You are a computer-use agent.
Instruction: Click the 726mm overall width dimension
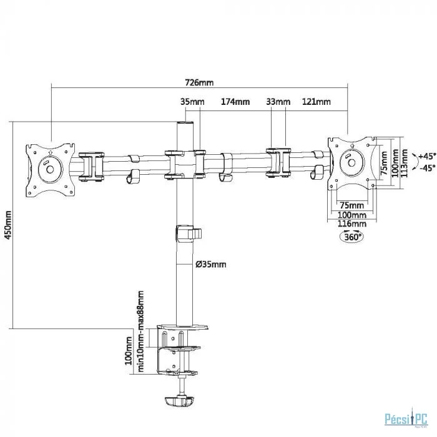[x=199, y=83]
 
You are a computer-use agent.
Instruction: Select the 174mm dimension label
[x=235, y=102]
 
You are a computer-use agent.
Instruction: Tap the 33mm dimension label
[x=278, y=102]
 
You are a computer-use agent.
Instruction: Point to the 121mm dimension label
[x=317, y=102]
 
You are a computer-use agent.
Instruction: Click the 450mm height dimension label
[x=8, y=225]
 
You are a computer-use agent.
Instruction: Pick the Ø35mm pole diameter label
[x=211, y=264]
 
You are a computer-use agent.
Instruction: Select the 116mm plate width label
[x=352, y=223]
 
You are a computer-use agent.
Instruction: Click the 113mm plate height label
[x=404, y=163]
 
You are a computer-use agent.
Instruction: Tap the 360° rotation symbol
[x=352, y=237]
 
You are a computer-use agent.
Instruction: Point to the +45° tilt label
[x=427, y=156]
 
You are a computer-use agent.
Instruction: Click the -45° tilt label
[x=428, y=168]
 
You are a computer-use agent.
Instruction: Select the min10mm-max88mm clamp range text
[x=140, y=331]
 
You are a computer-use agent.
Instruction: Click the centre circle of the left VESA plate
[x=50, y=169]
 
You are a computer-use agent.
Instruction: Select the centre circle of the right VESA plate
[x=351, y=163]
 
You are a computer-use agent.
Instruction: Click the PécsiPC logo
[x=406, y=420]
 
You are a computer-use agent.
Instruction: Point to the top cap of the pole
[x=185, y=123]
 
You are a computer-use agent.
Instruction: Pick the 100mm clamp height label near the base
[x=129, y=351]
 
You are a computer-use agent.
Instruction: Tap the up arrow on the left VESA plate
[x=50, y=152]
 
